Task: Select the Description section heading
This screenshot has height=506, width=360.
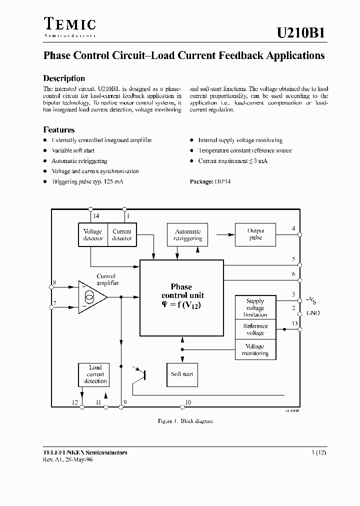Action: click(x=64, y=78)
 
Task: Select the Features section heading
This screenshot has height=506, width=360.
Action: click(x=59, y=129)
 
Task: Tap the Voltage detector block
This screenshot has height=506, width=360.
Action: click(x=93, y=234)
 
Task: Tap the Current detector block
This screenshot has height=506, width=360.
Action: click(x=122, y=234)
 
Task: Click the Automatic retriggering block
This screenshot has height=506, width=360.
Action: click(x=187, y=234)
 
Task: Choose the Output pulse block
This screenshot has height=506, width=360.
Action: click(x=255, y=234)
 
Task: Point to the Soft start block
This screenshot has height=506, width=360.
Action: click(x=182, y=374)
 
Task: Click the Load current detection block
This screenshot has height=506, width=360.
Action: click(x=95, y=374)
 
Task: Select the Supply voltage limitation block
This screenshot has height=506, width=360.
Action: click(x=255, y=308)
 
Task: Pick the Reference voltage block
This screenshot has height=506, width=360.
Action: click(x=255, y=329)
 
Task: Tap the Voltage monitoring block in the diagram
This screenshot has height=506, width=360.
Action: click(x=255, y=349)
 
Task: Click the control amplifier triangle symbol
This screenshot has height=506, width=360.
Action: click(x=92, y=298)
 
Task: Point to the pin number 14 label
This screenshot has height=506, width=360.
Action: click(x=96, y=216)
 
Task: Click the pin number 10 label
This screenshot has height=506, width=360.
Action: click(x=188, y=402)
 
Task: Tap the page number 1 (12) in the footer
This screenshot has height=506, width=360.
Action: click(x=319, y=452)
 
